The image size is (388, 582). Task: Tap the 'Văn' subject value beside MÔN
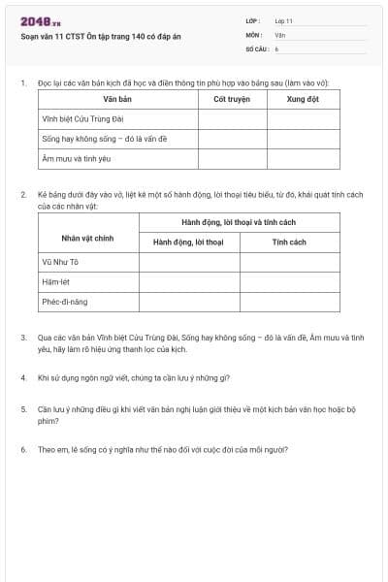[x=279, y=34]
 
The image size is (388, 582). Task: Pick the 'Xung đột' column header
[x=303, y=99]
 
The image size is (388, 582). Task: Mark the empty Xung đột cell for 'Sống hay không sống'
[x=303, y=139]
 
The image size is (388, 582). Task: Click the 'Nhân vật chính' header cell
[x=90, y=238]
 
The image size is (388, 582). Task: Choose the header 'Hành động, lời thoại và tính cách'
[x=240, y=223]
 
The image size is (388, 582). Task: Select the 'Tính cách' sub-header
[x=289, y=242]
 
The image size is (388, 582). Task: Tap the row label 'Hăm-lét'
[x=54, y=282]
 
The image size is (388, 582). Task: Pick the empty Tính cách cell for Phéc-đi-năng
[x=289, y=302]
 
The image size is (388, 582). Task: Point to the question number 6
[x=22, y=449]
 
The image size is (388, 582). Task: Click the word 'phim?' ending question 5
[x=48, y=422]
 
